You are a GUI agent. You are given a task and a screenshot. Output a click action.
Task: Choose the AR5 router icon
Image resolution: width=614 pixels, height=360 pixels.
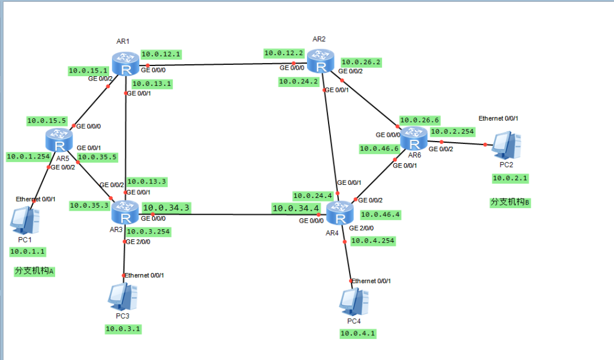[59, 142]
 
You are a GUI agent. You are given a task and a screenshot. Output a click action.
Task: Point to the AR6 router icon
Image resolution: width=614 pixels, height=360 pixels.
[413, 139]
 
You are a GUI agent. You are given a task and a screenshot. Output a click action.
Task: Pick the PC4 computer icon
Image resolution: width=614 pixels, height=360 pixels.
[353, 303]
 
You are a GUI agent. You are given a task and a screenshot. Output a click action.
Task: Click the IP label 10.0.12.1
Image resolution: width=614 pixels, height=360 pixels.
[160, 55]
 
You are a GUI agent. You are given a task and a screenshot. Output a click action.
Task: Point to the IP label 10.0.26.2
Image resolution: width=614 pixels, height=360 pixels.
[362, 62]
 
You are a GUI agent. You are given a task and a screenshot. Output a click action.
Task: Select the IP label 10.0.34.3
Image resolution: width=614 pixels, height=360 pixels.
[167, 208]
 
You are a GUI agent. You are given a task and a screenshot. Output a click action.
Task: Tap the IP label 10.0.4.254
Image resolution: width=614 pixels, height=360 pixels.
[373, 241]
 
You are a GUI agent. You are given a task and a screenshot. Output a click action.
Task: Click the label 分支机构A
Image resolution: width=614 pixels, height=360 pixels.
[34, 271]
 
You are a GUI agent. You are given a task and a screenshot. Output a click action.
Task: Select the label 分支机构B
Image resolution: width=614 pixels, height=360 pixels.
[510, 203]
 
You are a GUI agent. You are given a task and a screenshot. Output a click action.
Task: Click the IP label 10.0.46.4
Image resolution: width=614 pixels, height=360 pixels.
[380, 214]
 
